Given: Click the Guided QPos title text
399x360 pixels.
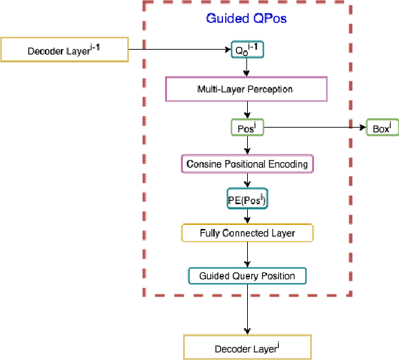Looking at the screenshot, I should click(246, 19).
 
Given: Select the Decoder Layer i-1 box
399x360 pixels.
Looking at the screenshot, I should click(64, 50).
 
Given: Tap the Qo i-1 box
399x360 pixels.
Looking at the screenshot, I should click(246, 50).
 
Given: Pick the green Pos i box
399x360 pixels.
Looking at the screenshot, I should click(246, 128).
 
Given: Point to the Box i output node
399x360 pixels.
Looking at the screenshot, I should click(382, 128).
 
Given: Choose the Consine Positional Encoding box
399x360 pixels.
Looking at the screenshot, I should click(246, 164).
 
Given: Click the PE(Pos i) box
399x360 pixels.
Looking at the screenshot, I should click(246, 199).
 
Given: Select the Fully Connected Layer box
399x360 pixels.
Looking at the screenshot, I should click(246, 233).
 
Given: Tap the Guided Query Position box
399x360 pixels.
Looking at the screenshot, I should click(246, 276).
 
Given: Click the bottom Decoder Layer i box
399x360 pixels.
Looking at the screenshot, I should click(246, 347).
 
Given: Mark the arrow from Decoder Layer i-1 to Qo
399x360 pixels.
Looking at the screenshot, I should click(179, 50).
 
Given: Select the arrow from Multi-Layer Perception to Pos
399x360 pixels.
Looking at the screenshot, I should click(246, 110).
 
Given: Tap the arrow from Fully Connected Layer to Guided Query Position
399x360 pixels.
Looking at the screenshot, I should click(246, 254).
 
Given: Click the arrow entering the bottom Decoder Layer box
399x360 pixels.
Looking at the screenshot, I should click(246, 310).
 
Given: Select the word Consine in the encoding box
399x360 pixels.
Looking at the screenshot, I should click(203, 164).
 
